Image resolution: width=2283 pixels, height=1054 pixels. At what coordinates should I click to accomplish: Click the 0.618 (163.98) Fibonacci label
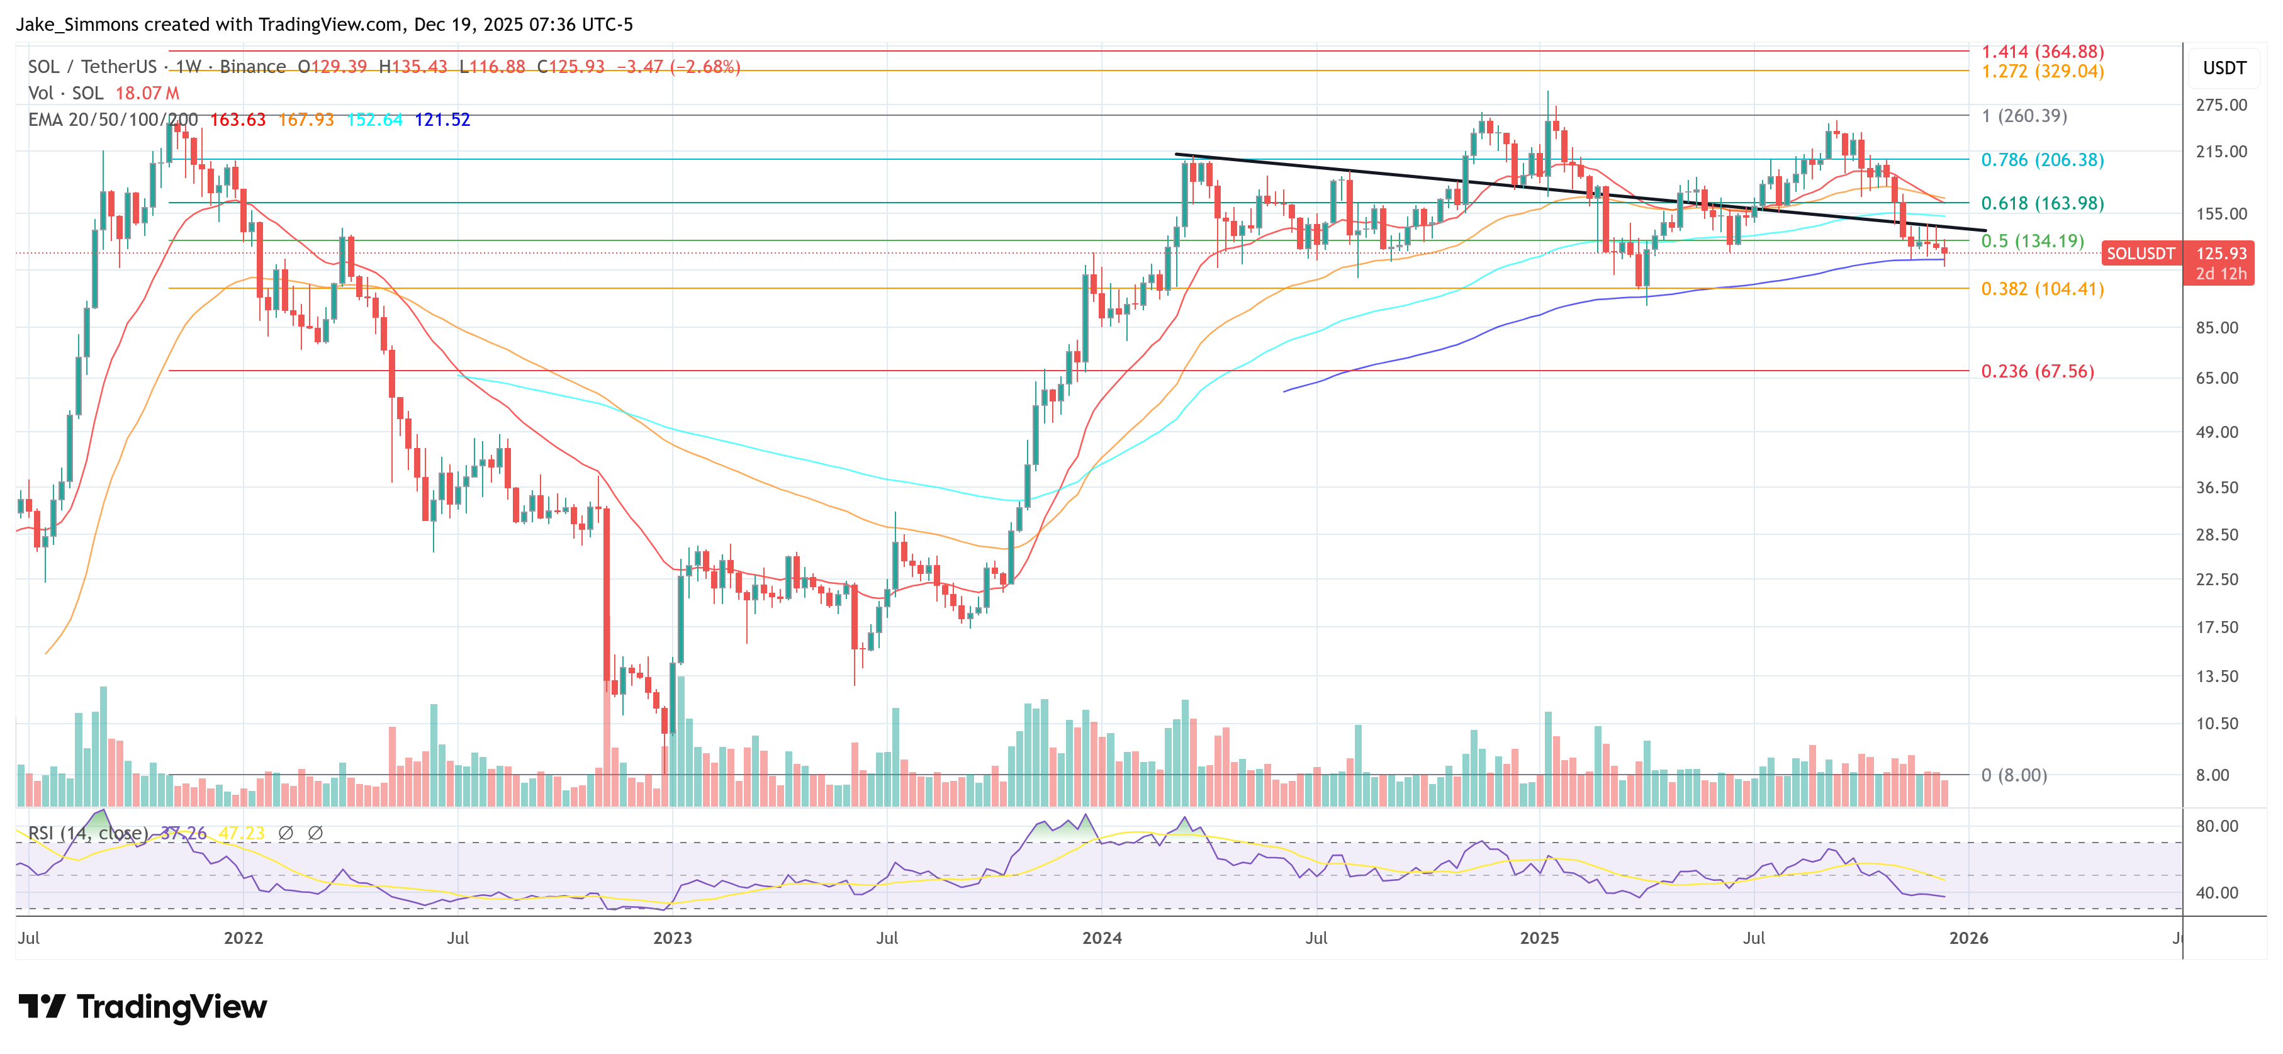pyautogui.click(x=2042, y=203)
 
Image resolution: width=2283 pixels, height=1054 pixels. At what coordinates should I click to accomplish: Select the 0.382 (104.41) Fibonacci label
pyautogui.click(x=2042, y=289)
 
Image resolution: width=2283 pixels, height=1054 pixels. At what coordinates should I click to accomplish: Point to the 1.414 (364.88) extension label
pyautogui.click(x=2042, y=52)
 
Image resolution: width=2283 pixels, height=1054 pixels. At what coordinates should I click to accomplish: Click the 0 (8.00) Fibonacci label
pyautogui.click(x=2014, y=776)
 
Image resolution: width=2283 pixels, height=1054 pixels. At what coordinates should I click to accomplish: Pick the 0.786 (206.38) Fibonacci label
pyautogui.click(x=2042, y=160)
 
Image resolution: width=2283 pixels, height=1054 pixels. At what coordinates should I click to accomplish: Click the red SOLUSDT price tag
pyautogui.click(x=2140, y=254)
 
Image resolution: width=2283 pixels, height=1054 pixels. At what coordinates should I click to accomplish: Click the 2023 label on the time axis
pyautogui.click(x=672, y=938)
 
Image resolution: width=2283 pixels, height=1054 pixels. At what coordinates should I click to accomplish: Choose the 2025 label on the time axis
pyautogui.click(x=1539, y=938)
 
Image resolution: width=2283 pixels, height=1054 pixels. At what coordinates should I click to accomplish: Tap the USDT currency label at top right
pyautogui.click(x=2224, y=68)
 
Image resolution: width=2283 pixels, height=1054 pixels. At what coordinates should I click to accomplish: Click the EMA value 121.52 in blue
pyautogui.click(x=442, y=120)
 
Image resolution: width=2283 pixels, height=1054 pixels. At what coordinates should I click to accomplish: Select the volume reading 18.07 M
pyautogui.click(x=147, y=93)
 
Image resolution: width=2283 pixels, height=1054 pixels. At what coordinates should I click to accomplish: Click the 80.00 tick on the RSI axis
pyautogui.click(x=2216, y=826)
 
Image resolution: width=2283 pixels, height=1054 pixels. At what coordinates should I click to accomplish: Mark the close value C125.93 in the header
pyautogui.click(x=571, y=67)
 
